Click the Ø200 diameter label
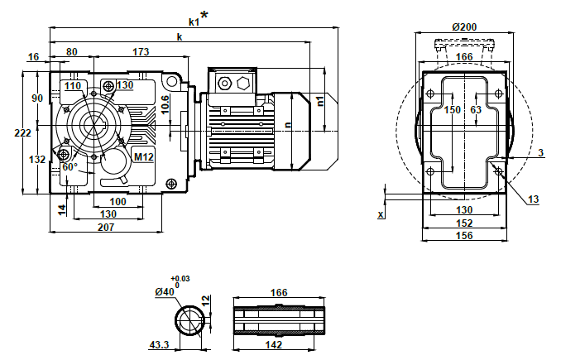point(464,26)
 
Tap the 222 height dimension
point(22,132)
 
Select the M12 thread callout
point(143,156)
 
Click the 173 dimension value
point(141,52)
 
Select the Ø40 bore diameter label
point(165,290)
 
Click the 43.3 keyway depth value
point(160,343)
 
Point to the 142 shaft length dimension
point(274,343)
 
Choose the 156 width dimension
point(463,235)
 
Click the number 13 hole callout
point(533,199)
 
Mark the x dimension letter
point(381,214)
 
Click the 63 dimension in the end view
point(476,109)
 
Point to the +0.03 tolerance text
point(180,279)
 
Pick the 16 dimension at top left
point(33,57)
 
